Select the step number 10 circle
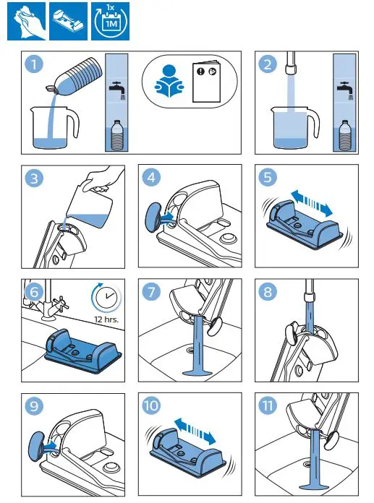(151, 407)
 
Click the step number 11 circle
(269, 407)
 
